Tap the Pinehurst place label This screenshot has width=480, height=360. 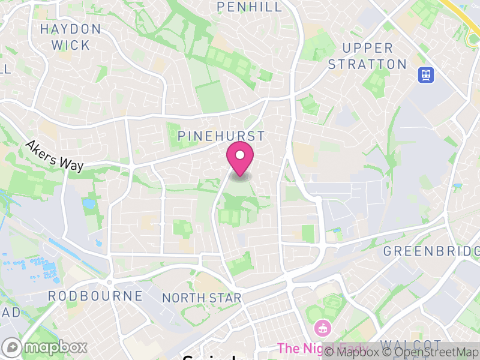pos(221,136)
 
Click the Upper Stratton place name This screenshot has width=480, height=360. pos(368,56)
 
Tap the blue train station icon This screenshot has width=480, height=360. pos(427,74)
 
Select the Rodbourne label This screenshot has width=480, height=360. pos(95,296)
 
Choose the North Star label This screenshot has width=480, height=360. pos(202,298)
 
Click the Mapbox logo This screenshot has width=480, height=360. pos(46,347)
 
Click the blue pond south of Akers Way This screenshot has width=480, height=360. pos(89,203)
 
